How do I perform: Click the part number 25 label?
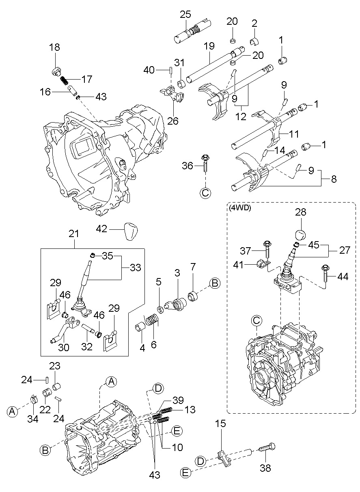coord(185,15)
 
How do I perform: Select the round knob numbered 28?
coord(301,234)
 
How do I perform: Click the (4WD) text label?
coord(240,208)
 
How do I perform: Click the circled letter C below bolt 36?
coord(205,193)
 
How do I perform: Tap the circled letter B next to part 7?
coord(215,284)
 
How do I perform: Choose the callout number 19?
coord(209,46)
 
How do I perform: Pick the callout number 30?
coord(64,347)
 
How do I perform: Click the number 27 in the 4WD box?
coord(345,250)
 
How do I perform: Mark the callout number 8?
coord(334,179)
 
